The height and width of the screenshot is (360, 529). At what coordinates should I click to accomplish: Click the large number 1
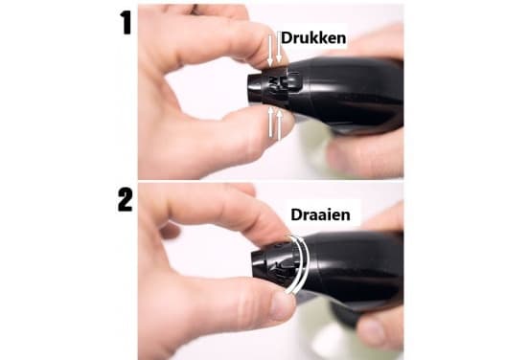click(x=126, y=22)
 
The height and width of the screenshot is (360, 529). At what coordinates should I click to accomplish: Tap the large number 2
click(x=125, y=199)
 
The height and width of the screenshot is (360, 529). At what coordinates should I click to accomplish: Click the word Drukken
click(x=313, y=37)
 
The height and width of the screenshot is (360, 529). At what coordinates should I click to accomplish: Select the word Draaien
click(x=320, y=214)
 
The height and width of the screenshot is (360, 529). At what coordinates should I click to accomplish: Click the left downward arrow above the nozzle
click(x=270, y=50)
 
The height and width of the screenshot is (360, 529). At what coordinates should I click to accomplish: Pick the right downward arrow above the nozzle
click(x=279, y=48)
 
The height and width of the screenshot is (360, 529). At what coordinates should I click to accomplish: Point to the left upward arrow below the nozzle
click(x=270, y=123)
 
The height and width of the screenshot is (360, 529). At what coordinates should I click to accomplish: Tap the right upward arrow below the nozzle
click(x=279, y=124)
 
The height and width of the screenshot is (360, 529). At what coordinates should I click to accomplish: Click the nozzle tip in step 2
click(x=258, y=264)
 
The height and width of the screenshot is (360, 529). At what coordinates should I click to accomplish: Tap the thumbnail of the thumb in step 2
click(x=282, y=306)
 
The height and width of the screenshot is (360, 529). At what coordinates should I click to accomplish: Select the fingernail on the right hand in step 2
click(x=370, y=332)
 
